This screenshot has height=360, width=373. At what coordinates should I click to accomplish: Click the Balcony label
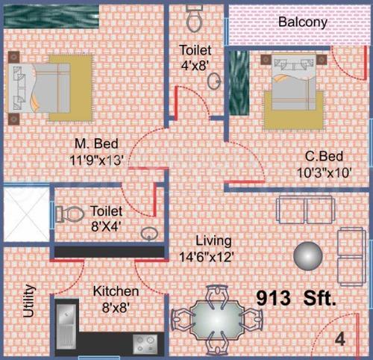pos(302,22)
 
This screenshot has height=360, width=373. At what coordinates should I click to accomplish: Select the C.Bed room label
pos(324,157)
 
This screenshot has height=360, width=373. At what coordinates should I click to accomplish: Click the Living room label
pos(213,241)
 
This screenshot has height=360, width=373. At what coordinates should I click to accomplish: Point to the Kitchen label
pos(116,291)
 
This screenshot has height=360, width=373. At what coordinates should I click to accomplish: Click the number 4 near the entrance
pos(340,338)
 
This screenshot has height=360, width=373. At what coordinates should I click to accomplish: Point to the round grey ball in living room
pos(307,255)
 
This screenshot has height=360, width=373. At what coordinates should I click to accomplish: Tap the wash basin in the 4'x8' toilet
pos(214,81)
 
